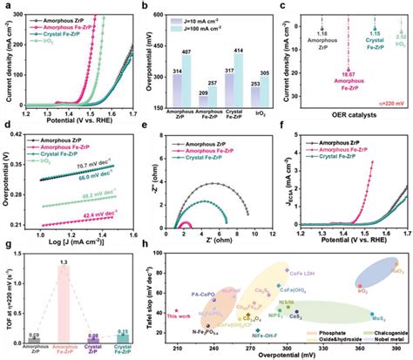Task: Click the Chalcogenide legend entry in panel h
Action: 378,333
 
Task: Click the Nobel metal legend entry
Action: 380,341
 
